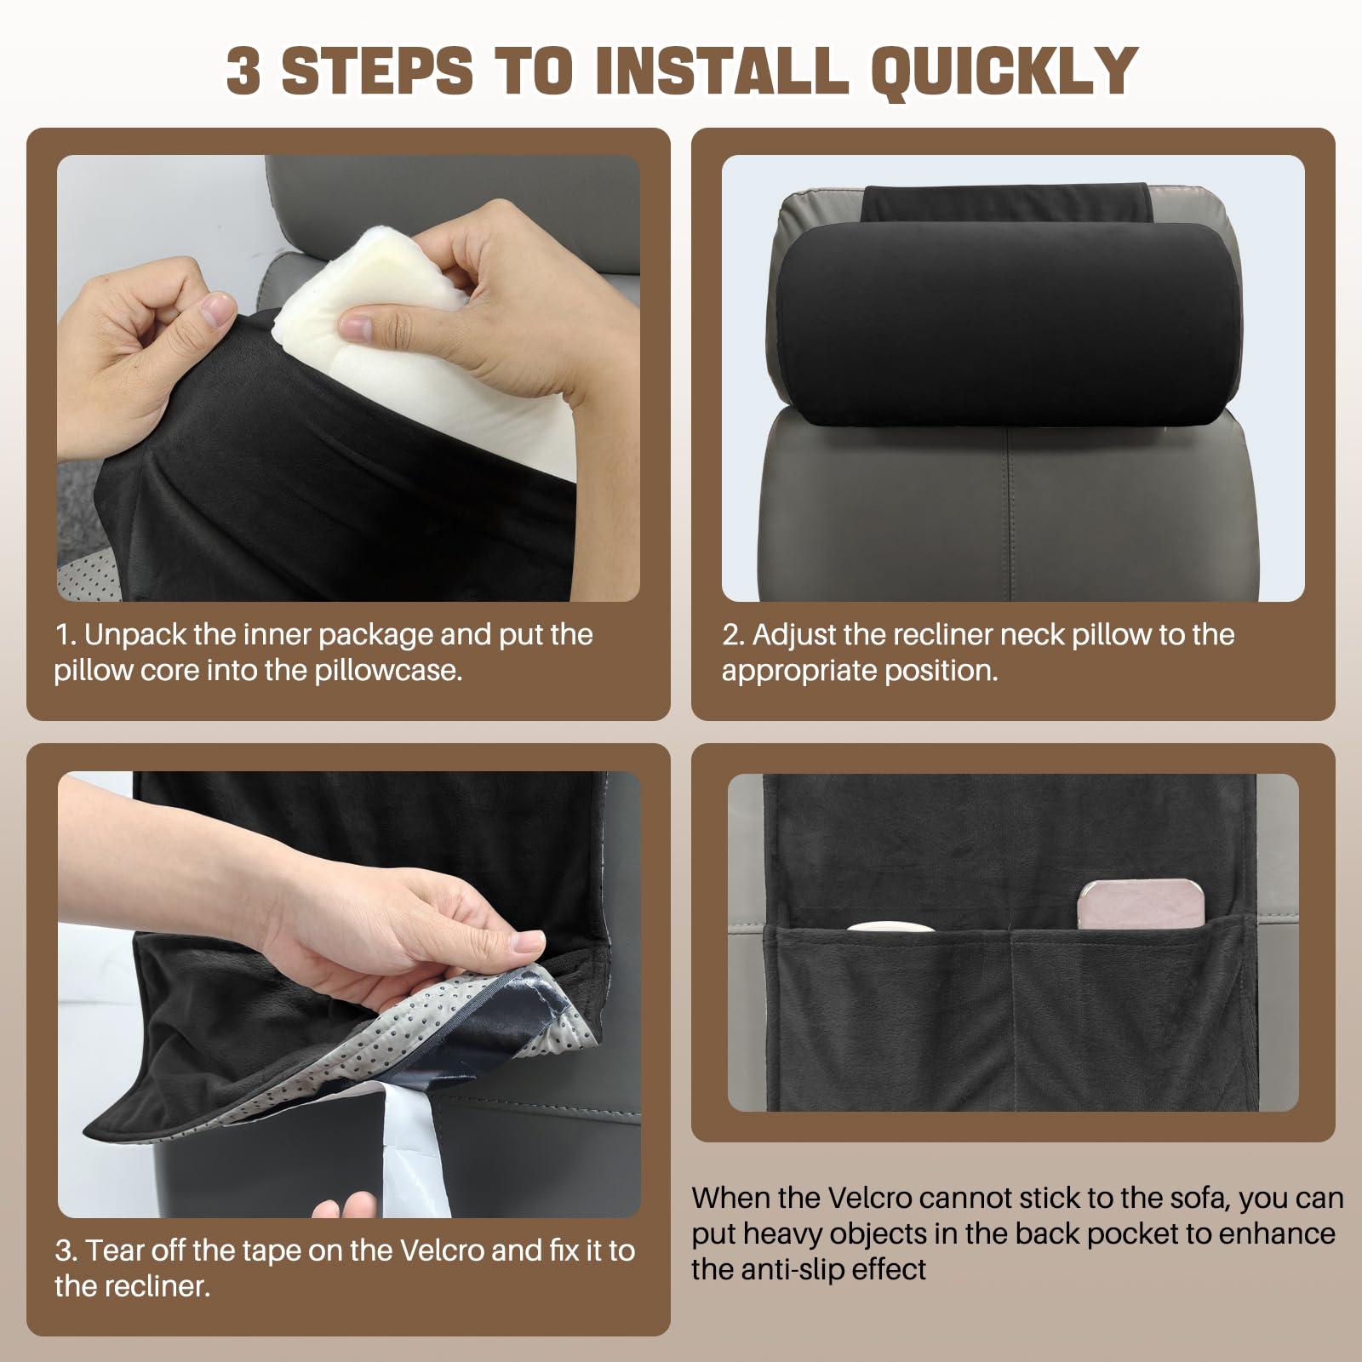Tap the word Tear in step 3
pyautogui.click(x=116, y=1250)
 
